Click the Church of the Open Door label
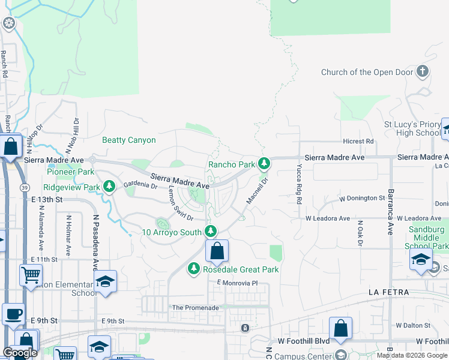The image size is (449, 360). point(367,72)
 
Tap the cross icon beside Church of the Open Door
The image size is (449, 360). point(423,72)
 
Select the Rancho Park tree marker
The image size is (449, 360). point(264,163)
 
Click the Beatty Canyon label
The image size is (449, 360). point(129,140)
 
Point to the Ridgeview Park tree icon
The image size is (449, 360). point(109,187)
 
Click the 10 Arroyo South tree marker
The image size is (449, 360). point(211,232)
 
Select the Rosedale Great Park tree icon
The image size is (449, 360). point(194,269)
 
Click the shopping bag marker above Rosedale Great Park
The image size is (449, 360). point(217,251)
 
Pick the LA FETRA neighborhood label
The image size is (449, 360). point(388,292)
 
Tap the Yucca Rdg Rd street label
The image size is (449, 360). point(298,184)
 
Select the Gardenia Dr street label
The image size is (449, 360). point(140,185)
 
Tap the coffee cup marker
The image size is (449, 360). point(13,313)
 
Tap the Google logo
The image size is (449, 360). point(19,353)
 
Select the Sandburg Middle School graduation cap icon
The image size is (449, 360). point(421,259)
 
